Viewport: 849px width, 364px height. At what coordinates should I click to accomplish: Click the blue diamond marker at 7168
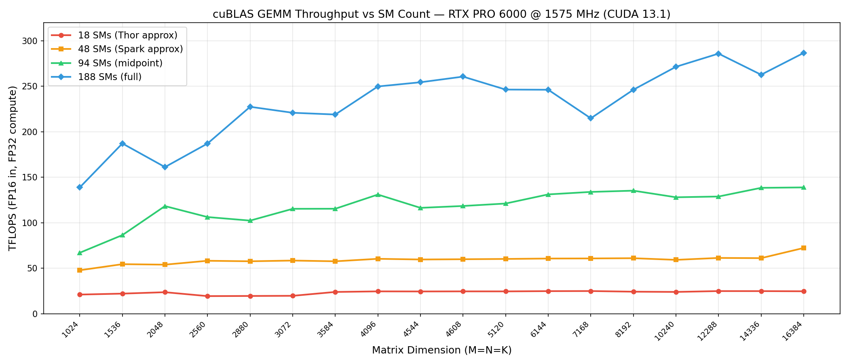tap(590, 118)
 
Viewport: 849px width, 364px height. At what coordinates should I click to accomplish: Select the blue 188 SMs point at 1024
tap(80, 187)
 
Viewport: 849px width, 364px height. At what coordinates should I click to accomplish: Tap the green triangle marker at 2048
tap(165, 206)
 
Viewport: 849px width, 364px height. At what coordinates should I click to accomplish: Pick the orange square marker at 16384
tap(803, 248)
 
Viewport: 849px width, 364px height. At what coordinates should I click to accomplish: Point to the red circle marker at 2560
tap(207, 296)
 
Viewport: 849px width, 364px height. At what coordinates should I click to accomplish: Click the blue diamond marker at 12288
tap(718, 54)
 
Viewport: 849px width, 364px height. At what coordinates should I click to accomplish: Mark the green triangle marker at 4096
tap(378, 195)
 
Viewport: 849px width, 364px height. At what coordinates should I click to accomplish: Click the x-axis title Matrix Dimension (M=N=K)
tap(441, 350)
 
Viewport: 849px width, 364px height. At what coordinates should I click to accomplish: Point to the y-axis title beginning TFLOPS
tap(13, 168)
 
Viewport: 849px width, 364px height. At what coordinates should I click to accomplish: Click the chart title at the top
tap(441, 15)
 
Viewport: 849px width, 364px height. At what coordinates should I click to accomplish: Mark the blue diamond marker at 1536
tap(122, 144)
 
